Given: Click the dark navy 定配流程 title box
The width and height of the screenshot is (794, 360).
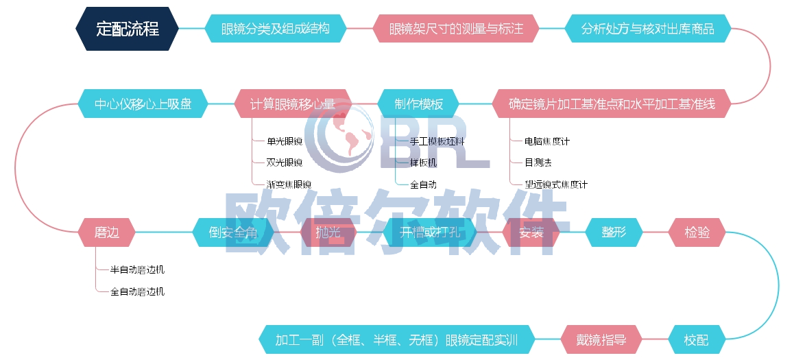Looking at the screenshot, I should pos(128,29).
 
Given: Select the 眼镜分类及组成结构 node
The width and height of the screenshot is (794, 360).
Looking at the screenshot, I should pos(275,29).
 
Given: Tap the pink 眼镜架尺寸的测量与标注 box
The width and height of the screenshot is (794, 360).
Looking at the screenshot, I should pos(456,29).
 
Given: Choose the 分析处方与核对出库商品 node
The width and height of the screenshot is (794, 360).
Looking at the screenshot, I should pos(647,29).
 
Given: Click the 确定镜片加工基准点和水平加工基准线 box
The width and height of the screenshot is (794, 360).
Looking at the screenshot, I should pos(612,104).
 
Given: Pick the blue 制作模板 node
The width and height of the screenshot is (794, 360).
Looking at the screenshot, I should pos(418,104).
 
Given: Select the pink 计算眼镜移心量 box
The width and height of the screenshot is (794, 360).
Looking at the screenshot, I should pos(293,104).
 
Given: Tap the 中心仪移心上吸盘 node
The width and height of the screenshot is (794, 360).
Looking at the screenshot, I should pos(143,104).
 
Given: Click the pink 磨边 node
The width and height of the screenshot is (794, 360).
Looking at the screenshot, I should pos(107,232).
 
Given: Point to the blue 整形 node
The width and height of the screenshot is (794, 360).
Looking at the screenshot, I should pos(614,232).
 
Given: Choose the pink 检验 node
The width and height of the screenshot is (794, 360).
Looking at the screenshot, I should pos(697,232).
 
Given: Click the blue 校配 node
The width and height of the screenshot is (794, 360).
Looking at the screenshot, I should pos(697,339).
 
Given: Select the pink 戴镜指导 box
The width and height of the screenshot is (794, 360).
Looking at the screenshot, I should pos(602,339).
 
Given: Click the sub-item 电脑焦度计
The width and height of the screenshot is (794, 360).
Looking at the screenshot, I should pos(546,141).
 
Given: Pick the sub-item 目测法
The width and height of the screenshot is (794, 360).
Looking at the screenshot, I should pos(538,163).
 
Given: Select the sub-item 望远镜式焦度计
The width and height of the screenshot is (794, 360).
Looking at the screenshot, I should pos(555,184).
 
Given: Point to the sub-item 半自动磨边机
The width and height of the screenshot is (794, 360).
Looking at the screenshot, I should pos(137,269).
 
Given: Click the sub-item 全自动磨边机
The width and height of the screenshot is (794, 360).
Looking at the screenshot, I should pos(137,291).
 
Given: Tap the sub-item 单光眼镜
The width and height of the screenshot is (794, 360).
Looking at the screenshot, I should pos(285,141).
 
